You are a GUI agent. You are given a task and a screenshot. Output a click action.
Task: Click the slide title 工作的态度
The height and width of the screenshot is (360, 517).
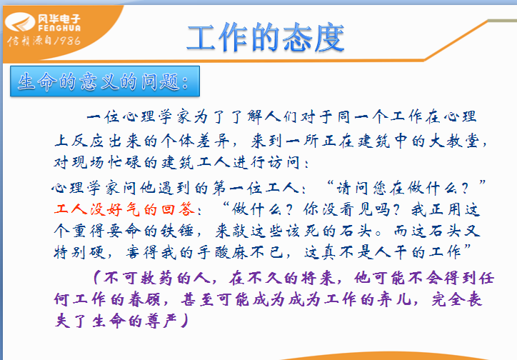[266, 38]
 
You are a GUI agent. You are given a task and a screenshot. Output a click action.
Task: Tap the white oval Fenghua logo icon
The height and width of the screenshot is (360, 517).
[20, 22]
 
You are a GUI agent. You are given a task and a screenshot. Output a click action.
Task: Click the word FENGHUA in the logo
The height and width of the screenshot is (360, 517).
[59, 29]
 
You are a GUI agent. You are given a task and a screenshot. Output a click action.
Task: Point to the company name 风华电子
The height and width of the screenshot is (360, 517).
[59, 19]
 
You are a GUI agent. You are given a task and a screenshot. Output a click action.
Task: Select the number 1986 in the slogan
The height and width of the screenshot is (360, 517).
[67, 41]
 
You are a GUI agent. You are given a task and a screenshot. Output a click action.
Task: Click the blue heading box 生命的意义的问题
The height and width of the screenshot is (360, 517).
[105, 81]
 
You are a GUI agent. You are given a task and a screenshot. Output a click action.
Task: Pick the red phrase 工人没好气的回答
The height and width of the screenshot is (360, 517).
[124, 209]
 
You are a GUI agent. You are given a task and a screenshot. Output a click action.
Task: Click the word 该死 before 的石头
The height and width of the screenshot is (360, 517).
[302, 231]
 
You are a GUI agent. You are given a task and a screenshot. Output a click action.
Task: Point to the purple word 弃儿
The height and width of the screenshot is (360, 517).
[395, 299]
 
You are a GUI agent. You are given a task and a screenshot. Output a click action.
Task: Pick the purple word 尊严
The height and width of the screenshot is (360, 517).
[161, 321]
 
